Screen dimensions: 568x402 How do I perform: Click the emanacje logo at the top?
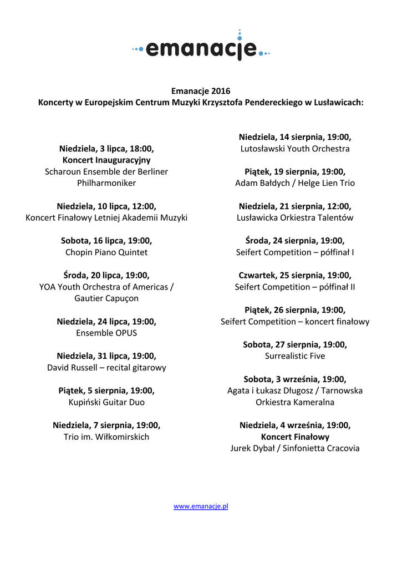[x=201, y=48]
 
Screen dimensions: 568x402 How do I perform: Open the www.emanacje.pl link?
[x=201, y=506]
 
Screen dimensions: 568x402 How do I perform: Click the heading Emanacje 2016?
[x=201, y=91]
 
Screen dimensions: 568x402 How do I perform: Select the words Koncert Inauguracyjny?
[x=106, y=160]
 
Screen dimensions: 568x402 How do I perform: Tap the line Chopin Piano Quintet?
[x=106, y=252]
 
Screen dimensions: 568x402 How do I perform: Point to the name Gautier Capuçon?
[x=106, y=298]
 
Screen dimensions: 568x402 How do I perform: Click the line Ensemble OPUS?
[x=106, y=333]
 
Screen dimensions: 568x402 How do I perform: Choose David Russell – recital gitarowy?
[x=106, y=368]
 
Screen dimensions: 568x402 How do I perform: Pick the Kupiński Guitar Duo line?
[x=106, y=402]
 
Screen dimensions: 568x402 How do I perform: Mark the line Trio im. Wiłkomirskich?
[x=106, y=437]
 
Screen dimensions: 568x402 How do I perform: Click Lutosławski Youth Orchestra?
[x=295, y=149]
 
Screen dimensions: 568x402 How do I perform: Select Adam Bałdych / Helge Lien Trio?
[x=295, y=183]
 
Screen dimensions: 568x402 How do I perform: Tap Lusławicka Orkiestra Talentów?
[x=295, y=218]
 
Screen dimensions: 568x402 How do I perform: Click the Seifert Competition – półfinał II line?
[x=295, y=287]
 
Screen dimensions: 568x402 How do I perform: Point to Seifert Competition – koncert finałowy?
[x=295, y=322]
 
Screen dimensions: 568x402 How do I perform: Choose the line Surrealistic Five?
[x=295, y=356]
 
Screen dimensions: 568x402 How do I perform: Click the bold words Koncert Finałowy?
[x=295, y=437]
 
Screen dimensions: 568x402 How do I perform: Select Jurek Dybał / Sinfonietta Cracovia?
[x=295, y=448]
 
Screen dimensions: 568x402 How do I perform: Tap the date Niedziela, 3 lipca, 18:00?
[x=106, y=149]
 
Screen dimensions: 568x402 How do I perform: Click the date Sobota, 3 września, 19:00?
[x=295, y=379]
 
